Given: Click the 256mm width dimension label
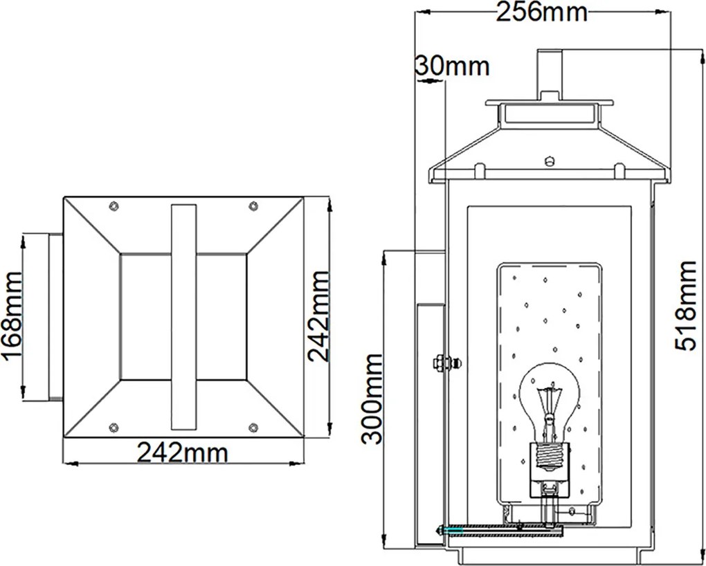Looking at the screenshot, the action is [542, 12].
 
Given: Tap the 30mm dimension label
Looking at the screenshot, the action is [451, 66].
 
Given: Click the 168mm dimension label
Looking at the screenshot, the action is [12, 316].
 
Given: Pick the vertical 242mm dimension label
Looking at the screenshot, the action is [318, 316].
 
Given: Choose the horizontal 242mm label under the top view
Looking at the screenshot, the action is [182, 453].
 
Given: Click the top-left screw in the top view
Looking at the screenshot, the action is [114, 206].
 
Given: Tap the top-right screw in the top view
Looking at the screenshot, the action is [253, 206].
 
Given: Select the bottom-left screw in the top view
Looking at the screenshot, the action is [114, 428].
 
